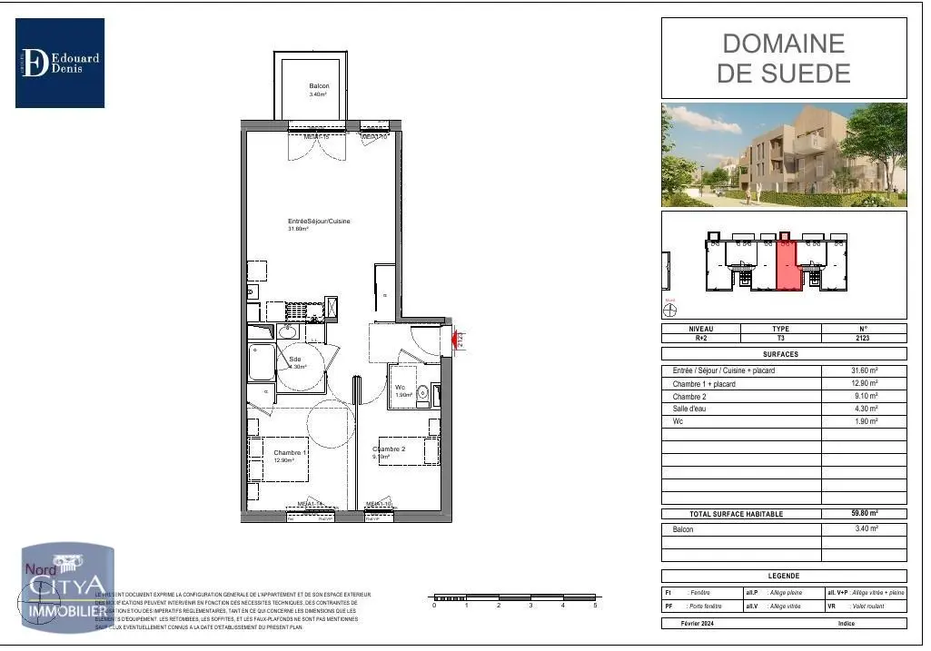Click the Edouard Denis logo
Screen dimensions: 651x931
pyautogui.click(x=60, y=64)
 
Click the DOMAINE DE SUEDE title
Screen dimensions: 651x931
pyautogui.click(x=783, y=58)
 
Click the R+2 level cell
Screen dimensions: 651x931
pyautogui.click(x=701, y=337)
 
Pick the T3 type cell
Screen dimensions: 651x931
pyautogui.click(x=781, y=337)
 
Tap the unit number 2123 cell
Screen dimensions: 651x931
pyautogui.click(x=863, y=337)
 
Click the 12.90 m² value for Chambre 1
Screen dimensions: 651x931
pyautogui.click(x=863, y=384)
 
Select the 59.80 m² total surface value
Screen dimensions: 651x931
pyautogui.click(x=863, y=514)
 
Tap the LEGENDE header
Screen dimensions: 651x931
pyautogui.click(x=783, y=576)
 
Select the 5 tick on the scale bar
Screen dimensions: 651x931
pyautogui.click(x=595, y=605)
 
